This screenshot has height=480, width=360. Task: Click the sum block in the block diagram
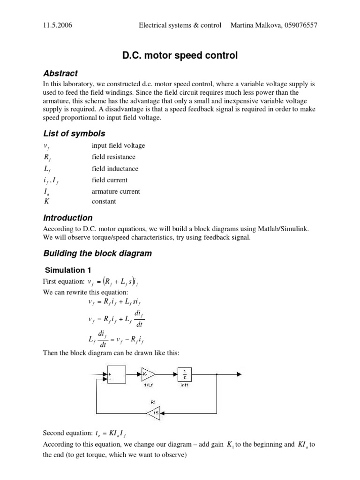click(x=117, y=374)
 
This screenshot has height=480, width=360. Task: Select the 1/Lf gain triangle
click(x=148, y=374)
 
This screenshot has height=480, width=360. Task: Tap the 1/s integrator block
click(x=185, y=374)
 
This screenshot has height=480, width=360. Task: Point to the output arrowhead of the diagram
click(x=239, y=374)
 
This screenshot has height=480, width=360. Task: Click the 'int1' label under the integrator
click(x=185, y=385)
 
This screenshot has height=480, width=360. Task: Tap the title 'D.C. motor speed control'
click(x=180, y=55)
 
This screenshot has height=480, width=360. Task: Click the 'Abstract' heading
click(x=60, y=74)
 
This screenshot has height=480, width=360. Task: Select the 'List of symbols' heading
click(x=74, y=134)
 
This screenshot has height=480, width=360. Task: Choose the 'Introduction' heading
click(x=68, y=217)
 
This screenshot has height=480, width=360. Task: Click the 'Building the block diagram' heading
click(x=97, y=254)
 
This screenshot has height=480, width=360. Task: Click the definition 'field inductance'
click(x=115, y=169)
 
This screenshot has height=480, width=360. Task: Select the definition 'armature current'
click(x=116, y=191)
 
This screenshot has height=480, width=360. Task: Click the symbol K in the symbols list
click(x=46, y=202)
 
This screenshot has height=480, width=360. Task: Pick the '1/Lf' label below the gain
click(x=149, y=385)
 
